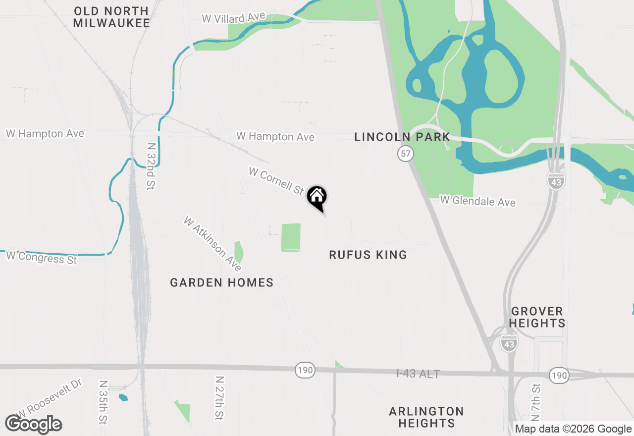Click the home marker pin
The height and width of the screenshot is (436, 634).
tap(317, 197)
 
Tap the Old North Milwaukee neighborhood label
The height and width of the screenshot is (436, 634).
tap(111, 17)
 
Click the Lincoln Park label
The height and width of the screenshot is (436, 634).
tap(402, 137)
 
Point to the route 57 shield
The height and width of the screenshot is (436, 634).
tap(406, 154)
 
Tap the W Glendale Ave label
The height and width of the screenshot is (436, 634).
tap(478, 201)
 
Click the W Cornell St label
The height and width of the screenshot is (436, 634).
tap(276, 181)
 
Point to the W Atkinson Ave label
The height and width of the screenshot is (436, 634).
tap(212, 243)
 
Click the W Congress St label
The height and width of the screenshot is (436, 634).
tap(42, 257)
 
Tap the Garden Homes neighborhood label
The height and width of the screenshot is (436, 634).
tap(221, 282)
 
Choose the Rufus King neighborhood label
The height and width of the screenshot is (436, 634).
tap(368, 255)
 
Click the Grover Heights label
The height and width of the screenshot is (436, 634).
tap(537, 317)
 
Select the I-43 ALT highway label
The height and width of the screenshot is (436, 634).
tap(418, 374)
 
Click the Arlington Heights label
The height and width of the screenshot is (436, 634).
tap(426, 417)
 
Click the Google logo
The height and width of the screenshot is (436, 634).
tap(33, 424)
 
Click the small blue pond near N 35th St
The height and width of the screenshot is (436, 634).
tap(123, 397)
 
